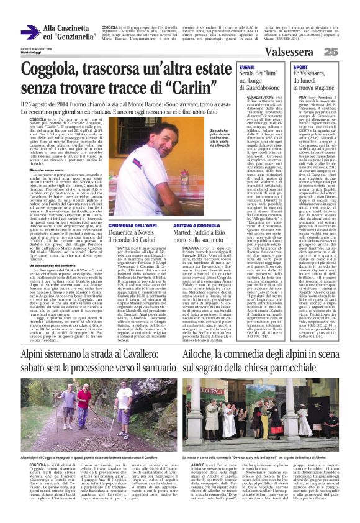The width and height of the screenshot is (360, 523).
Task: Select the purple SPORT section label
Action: [300, 66]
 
